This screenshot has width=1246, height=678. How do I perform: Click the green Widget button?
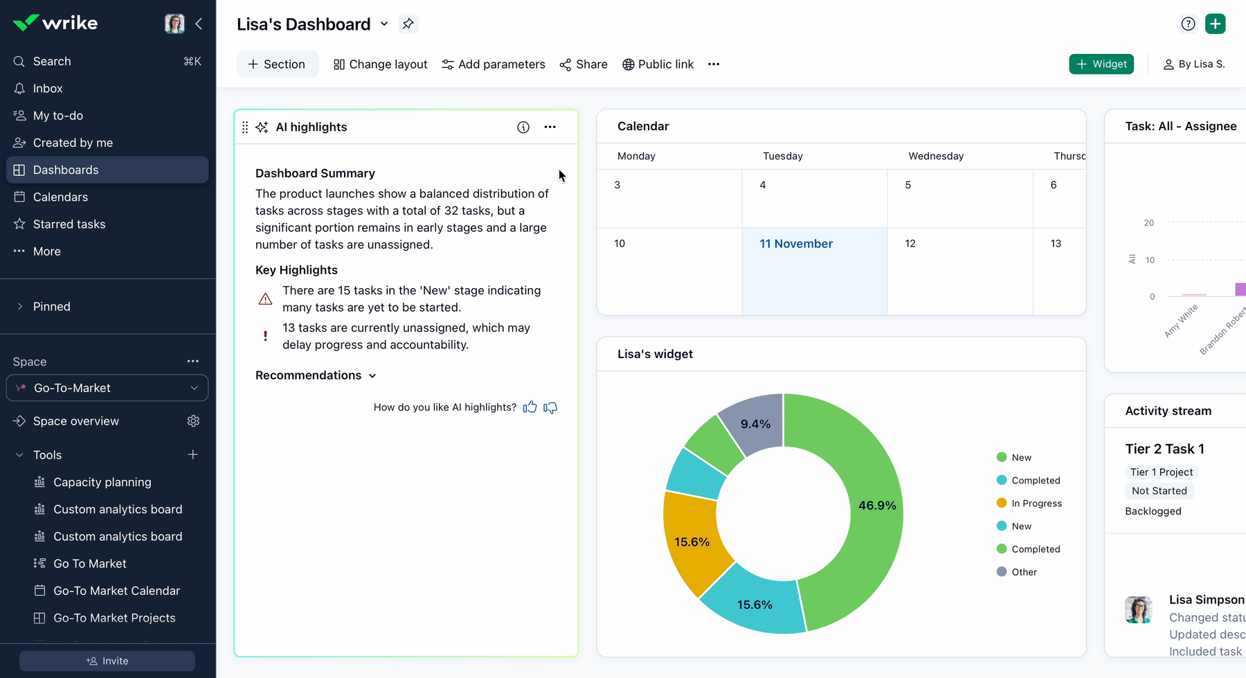1101,64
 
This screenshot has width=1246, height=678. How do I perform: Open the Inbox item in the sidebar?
48,88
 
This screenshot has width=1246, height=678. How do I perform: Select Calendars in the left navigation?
60,197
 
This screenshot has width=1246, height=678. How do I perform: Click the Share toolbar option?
584,64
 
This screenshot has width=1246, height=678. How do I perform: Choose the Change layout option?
380,64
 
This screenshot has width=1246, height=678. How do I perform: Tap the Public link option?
658,64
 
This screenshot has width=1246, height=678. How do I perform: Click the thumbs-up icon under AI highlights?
530,407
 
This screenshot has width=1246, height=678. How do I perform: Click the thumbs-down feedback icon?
550,407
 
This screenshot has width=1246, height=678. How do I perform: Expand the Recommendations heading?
316,375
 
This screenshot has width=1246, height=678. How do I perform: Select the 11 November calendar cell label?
796,244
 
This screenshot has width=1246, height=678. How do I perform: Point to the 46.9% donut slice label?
877,506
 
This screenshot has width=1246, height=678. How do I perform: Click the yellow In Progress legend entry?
1029,503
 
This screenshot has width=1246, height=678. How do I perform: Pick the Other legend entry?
1017,572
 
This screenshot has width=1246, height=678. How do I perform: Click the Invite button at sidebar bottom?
107,661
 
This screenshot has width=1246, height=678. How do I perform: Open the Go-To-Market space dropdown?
107,388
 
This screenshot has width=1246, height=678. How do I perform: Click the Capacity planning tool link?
102,482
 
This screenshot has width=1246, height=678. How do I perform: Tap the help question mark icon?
1188,24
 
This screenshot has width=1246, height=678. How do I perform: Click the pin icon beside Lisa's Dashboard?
408,24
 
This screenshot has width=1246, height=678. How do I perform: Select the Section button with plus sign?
277,64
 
